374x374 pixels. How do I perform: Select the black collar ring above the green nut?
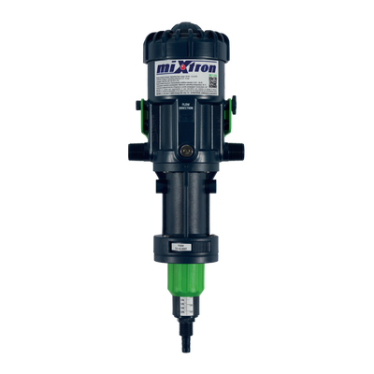coord(187,250)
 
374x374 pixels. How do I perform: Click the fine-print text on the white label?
coord(178,87)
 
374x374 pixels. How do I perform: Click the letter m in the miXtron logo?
coord(162,70)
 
